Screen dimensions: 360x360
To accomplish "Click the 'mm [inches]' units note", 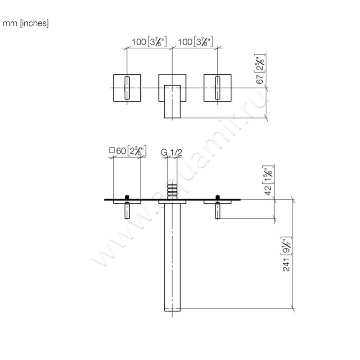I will (26, 23).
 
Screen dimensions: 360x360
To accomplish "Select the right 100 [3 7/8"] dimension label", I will (195, 42).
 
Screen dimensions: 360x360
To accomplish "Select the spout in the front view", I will (172, 101).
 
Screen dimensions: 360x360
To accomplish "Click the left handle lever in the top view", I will (128, 211).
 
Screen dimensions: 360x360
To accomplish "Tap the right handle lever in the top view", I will (218, 211).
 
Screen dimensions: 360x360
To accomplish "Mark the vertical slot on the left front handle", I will (127, 87).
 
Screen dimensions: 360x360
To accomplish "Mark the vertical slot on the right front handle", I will (218, 87).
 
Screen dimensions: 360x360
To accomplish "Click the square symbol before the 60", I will (112, 152).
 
